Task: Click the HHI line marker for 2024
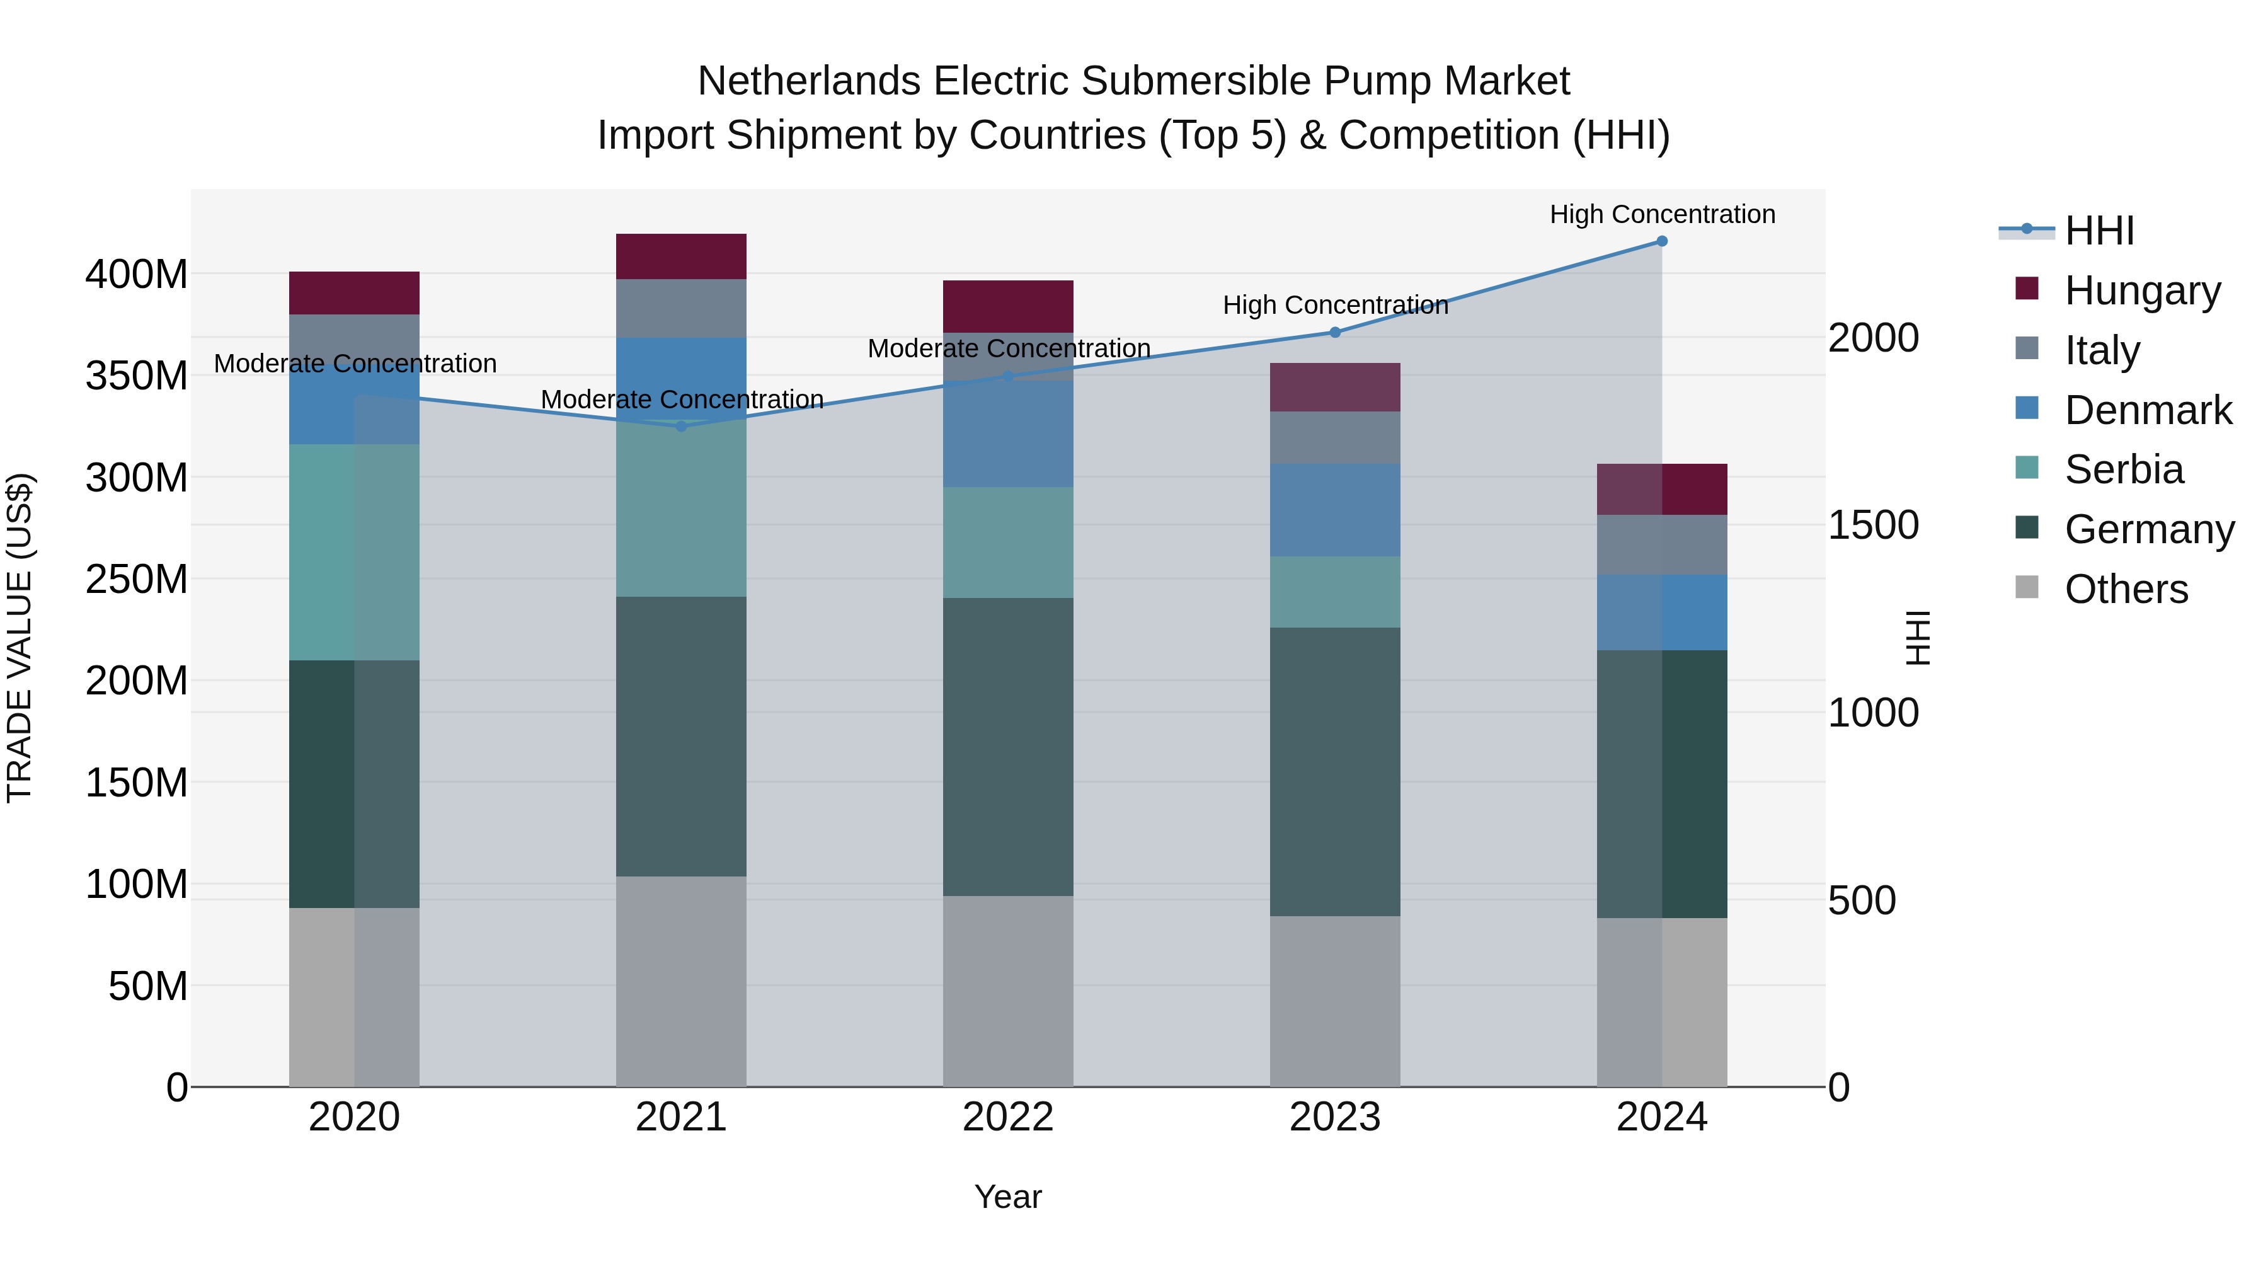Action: click(x=1661, y=241)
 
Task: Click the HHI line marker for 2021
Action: click(x=680, y=426)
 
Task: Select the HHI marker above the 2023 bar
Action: click(x=1335, y=332)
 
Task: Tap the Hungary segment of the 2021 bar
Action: click(x=680, y=256)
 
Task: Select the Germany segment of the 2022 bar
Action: click(x=1008, y=747)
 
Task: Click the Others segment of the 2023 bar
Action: click(x=1335, y=1001)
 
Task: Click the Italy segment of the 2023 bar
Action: click(x=1335, y=438)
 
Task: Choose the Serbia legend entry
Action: click(x=2124, y=469)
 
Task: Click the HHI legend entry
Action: click(x=2099, y=231)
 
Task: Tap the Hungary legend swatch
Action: click(x=2027, y=289)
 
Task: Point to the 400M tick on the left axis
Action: click(x=137, y=275)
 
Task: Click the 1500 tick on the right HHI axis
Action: click(x=1873, y=525)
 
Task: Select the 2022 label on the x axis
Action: click(x=1008, y=1117)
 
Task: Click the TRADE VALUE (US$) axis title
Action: click(x=20, y=638)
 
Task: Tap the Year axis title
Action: click(x=1008, y=1197)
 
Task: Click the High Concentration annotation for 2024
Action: click(x=1661, y=214)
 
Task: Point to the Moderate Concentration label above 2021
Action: click(x=682, y=399)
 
